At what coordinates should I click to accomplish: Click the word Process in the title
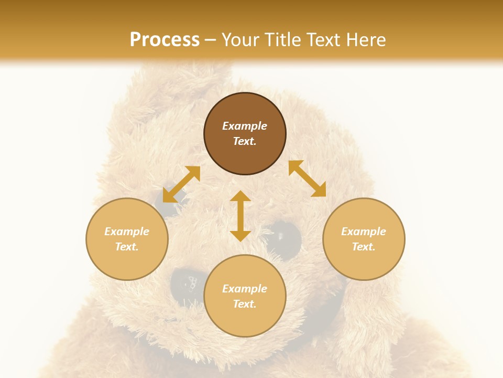(165, 40)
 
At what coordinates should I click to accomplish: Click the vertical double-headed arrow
(240, 216)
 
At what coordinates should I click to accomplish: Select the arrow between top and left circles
(181, 184)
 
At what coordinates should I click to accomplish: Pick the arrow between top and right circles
(308, 178)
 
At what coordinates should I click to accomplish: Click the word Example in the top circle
(245, 126)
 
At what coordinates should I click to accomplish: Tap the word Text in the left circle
(127, 247)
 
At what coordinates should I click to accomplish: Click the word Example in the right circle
(364, 232)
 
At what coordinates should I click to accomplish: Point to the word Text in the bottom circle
(245, 304)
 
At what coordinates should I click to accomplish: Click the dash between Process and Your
(211, 40)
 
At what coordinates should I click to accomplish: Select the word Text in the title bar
(323, 40)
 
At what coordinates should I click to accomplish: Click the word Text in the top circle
(245, 141)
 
